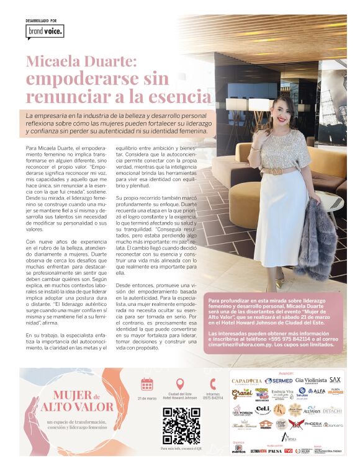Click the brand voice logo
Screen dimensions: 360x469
tap(45, 32)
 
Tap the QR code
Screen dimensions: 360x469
tap(181, 426)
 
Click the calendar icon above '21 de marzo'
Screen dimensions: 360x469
tap(147, 385)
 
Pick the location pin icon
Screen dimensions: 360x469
tap(181, 385)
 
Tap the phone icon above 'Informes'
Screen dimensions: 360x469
tap(214, 385)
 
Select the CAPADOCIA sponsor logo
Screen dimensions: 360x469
tap(246, 381)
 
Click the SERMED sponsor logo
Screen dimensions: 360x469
tap(279, 381)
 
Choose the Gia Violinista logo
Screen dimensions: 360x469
tap(311, 380)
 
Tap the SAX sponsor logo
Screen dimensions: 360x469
tap(336, 380)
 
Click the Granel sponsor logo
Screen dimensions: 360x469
tap(241, 394)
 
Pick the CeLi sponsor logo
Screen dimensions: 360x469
tap(263, 409)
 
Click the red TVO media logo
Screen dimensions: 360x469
tap(289, 450)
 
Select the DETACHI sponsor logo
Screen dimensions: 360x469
tap(332, 410)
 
